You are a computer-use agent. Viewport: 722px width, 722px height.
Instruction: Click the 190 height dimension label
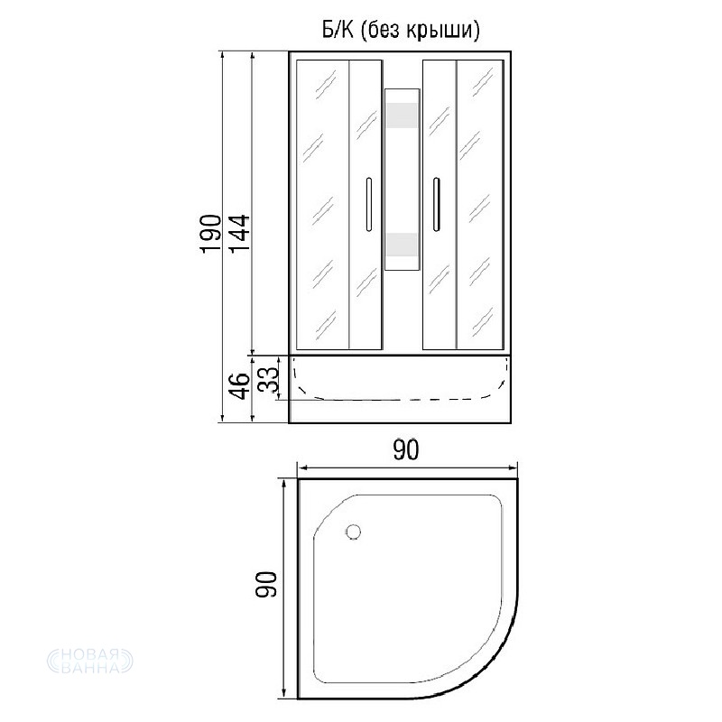210,234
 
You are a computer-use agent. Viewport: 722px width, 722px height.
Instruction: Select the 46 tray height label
239,386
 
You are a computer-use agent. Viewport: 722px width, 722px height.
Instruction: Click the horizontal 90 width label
405,449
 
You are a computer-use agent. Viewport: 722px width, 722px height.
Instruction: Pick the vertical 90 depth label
266,584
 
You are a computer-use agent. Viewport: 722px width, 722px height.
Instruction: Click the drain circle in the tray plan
353,532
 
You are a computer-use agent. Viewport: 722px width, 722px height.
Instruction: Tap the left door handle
368,204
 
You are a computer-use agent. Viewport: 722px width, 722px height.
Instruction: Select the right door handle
436,204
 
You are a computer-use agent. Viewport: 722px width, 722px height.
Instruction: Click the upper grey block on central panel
402,116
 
